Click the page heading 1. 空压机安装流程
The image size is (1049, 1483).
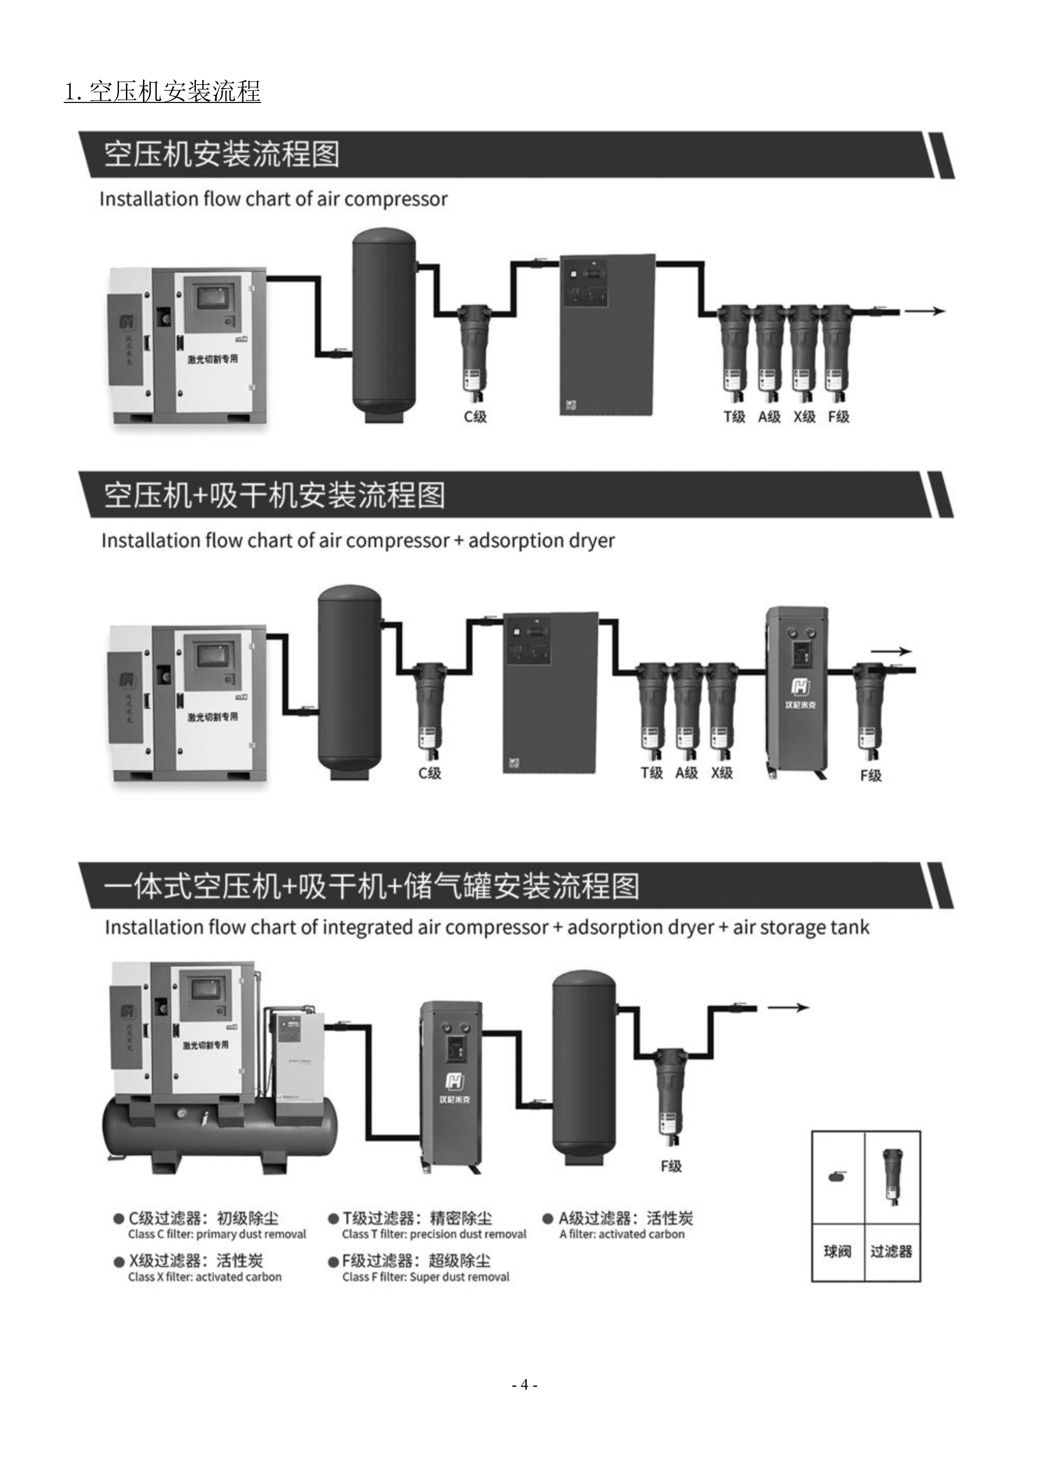coord(162,92)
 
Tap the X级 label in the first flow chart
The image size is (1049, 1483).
coord(804,417)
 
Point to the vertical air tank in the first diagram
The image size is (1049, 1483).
coord(384,323)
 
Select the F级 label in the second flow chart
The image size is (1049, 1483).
coord(870,775)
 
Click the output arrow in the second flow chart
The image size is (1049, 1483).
coord(891,652)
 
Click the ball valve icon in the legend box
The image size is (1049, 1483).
coord(837,1177)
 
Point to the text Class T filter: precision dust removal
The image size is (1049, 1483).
coord(434,1234)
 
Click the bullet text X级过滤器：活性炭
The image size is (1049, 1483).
coord(195,1261)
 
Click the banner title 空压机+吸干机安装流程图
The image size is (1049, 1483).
coord(275,496)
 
